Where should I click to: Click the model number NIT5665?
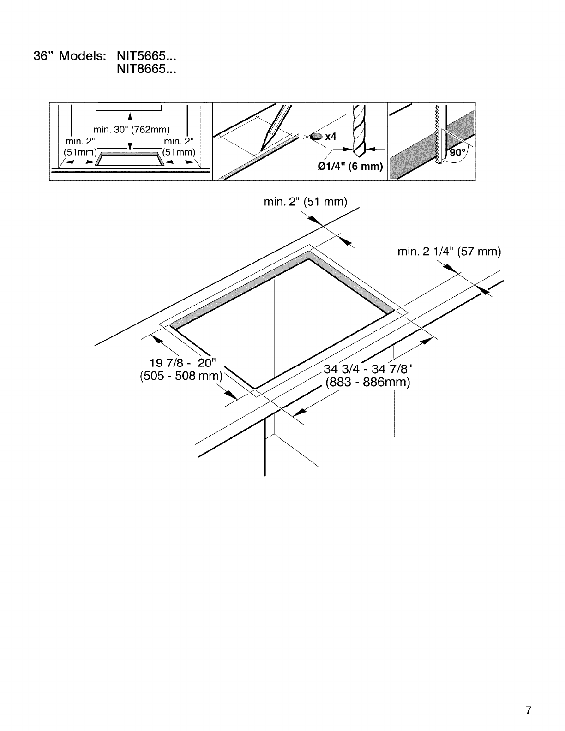click(146, 56)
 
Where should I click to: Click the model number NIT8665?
click(146, 69)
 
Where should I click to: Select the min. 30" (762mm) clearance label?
click(132, 130)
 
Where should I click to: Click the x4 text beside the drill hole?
click(331, 136)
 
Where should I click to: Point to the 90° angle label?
click(457, 153)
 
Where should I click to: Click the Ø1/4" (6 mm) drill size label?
click(350, 166)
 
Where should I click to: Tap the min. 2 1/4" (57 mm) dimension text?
click(449, 252)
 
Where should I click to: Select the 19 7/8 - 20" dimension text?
click(182, 363)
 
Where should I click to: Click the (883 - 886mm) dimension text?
click(368, 383)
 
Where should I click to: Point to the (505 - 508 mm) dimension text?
click(181, 376)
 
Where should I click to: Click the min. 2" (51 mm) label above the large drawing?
click(306, 202)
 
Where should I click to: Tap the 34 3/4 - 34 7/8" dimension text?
click(368, 369)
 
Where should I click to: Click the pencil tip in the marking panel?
click(261, 150)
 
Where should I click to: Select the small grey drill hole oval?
click(317, 136)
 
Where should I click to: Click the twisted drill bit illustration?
click(359, 131)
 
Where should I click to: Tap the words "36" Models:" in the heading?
click(70, 56)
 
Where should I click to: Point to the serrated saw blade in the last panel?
click(438, 134)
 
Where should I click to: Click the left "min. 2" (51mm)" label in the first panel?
click(80, 147)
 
